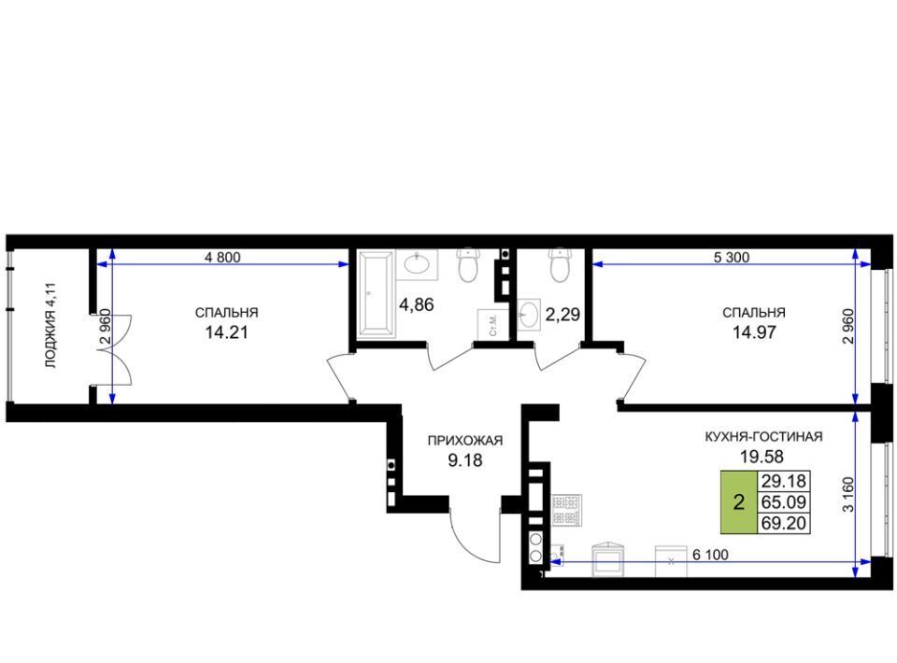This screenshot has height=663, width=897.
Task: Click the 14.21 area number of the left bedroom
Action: [x=226, y=332]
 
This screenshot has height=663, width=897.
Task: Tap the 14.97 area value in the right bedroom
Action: [x=754, y=332]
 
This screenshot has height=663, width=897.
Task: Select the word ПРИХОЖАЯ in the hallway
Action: [x=465, y=441]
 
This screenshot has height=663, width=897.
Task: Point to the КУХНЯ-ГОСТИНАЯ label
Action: [x=763, y=437]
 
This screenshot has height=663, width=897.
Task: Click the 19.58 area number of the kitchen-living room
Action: [x=762, y=456]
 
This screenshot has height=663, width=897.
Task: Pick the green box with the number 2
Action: [x=738, y=502]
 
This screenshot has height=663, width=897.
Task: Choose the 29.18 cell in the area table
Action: [x=783, y=481]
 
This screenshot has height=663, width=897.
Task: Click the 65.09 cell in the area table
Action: [x=783, y=502]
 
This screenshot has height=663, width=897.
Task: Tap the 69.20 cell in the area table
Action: [x=783, y=523]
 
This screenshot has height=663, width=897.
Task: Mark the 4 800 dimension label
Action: [x=222, y=257]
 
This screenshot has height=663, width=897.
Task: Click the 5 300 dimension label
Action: [x=731, y=257]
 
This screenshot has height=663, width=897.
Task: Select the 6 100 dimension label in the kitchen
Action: [x=710, y=555]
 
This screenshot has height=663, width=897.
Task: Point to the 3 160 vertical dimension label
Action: [x=848, y=494]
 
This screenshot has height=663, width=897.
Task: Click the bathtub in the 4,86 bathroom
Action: [x=377, y=294]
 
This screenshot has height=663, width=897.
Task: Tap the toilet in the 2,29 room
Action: [x=560, y=265]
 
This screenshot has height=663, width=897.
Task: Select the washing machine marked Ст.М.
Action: [x=490, y=324]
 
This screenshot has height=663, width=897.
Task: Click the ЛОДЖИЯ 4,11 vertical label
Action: [x=51, y=325]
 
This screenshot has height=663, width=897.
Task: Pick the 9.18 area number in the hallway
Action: [x=465, y=460]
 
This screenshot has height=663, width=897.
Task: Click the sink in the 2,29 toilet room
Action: [x=529, y=315]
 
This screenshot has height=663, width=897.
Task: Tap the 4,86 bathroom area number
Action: [x=417, y=305]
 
